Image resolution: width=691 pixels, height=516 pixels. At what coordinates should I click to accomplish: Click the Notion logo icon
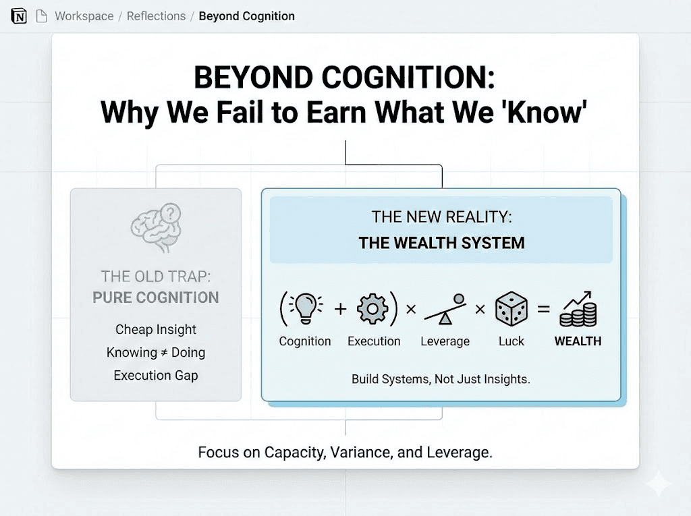click(x=18, y=16)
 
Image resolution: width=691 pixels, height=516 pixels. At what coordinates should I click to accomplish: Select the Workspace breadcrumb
click(x=84, y=16)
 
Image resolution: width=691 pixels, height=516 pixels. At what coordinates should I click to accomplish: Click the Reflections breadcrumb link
click(x=156, y=16)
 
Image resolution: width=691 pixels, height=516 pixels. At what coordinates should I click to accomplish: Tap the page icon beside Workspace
click(x=41, y=16)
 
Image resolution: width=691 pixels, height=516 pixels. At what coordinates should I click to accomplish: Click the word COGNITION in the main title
click(x=408, y=78)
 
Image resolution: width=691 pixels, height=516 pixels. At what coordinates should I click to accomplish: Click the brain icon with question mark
click(x=157, y=227)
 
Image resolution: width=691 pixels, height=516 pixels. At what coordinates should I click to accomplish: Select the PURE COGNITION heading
click(x=156, y=298)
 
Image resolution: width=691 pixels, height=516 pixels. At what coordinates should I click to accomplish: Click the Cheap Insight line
click(x=156, y=329)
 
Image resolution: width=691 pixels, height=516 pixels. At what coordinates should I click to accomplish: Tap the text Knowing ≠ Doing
click(x=156, y=353)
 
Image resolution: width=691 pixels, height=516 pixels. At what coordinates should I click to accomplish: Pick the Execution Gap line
click(x=156, y=376)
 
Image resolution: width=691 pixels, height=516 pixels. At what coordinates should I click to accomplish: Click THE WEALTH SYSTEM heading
click(x=441, y=243)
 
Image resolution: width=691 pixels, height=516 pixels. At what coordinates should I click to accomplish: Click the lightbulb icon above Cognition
click(x=304, y=308)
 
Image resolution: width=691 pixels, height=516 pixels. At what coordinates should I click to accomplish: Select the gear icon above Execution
click(x=372, y=309)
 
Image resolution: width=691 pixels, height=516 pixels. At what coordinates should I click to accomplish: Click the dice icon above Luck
click(x=512, y=308)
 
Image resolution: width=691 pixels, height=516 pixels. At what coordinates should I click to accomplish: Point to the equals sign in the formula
click(x=543, y=309)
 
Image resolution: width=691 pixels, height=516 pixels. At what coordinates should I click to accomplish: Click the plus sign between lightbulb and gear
click(x=340, y=309)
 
